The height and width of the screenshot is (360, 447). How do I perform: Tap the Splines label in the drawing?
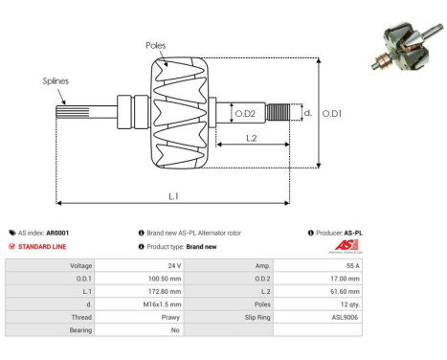pos(56,82)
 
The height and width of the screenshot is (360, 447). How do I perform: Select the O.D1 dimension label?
pos(332,114)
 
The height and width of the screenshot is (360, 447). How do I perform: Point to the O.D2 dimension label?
pos(245,114)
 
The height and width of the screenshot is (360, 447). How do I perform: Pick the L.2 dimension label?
pos(250,138)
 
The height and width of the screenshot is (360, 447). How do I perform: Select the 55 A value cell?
pos(351,265)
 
